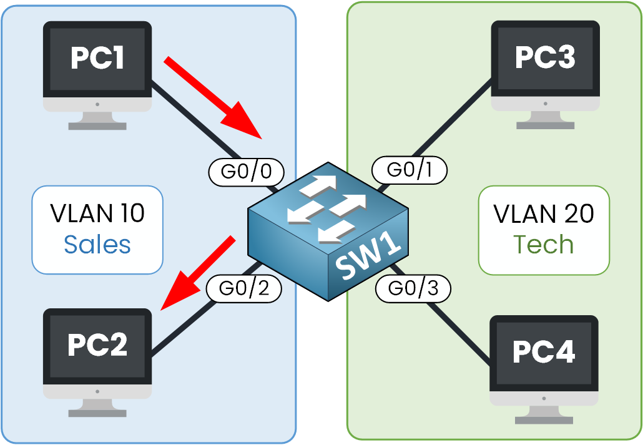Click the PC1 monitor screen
click(97, 59)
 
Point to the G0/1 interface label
click(410, 170)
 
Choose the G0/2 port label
click(243, 289)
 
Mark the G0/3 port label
click(413, 288)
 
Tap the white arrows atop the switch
click(325, 205)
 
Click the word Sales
click(97, 245)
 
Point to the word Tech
click(543, 245)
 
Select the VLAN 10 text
click(97, 213)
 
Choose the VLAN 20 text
click(543, 213)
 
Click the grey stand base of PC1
click(97, 125)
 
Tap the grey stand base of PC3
click(545, 125)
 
